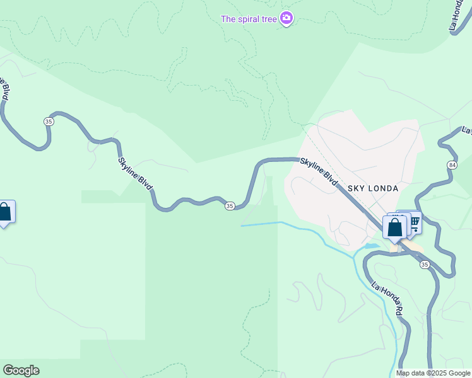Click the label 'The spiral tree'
tap(249, 19)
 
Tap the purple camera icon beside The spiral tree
tap(286, 18)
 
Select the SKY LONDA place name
tap(374, 188)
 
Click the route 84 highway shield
tap(452, 165)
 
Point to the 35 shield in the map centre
tap(230, 206)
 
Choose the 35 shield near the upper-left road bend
tap(49, 121)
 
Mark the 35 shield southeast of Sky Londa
tap(425, 265)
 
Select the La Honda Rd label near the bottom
tap(386, 298)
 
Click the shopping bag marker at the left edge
tap(5, 213)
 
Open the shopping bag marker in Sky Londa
tap(394, 228)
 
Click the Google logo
tap(21, 370)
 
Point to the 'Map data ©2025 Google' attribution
tap(433, 373)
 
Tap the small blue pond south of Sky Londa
tap(370, 246)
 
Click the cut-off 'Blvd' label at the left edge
tap(5, 88)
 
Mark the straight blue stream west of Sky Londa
tap(260, 224)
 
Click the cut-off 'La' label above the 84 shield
tap(467, 130)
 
